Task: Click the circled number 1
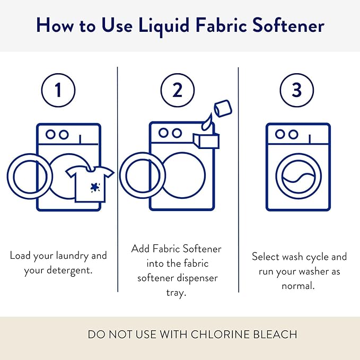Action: (x=58, y=90)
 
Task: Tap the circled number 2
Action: (x=177, y=90)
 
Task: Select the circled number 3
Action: (x=297, y=90)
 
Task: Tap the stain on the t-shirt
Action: (x=95, y=187)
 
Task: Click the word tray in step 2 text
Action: (x=177, y=293)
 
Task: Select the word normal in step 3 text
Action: (x=299, y=285)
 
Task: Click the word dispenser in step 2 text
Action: (x=194, y=278)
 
